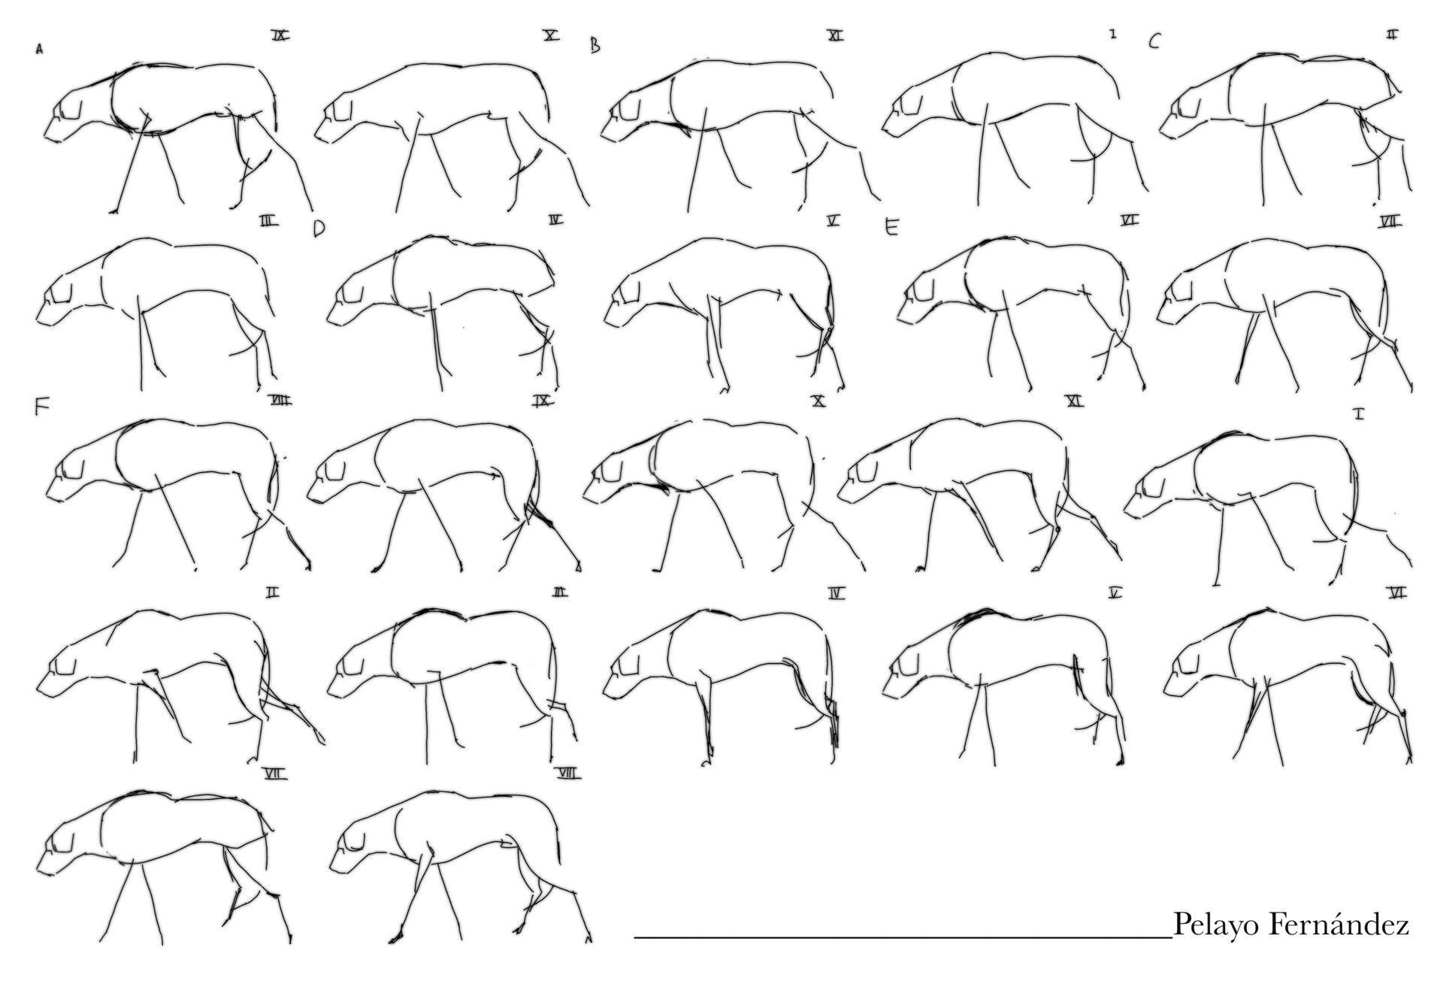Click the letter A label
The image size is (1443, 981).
(39, 50)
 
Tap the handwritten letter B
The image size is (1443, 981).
(595, 45)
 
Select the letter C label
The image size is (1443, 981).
(1154, 41)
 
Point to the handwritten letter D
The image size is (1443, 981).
(319, 229)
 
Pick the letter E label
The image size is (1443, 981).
(891, 227)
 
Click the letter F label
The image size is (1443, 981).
(42, 407)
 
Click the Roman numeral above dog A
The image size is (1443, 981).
(281, 35)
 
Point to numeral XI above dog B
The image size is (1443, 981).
(835, 35)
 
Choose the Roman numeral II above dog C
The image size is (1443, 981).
(1392, 35)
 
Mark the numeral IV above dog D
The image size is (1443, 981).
(555, 220)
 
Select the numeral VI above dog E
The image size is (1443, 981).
(1129, 220)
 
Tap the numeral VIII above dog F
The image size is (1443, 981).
(280, 401)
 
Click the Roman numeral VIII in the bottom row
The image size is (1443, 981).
(569, 773)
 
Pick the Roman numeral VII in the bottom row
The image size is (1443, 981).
(276, 773)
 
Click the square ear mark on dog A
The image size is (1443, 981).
(72, 109)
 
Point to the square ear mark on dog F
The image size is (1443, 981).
(74, 468)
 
